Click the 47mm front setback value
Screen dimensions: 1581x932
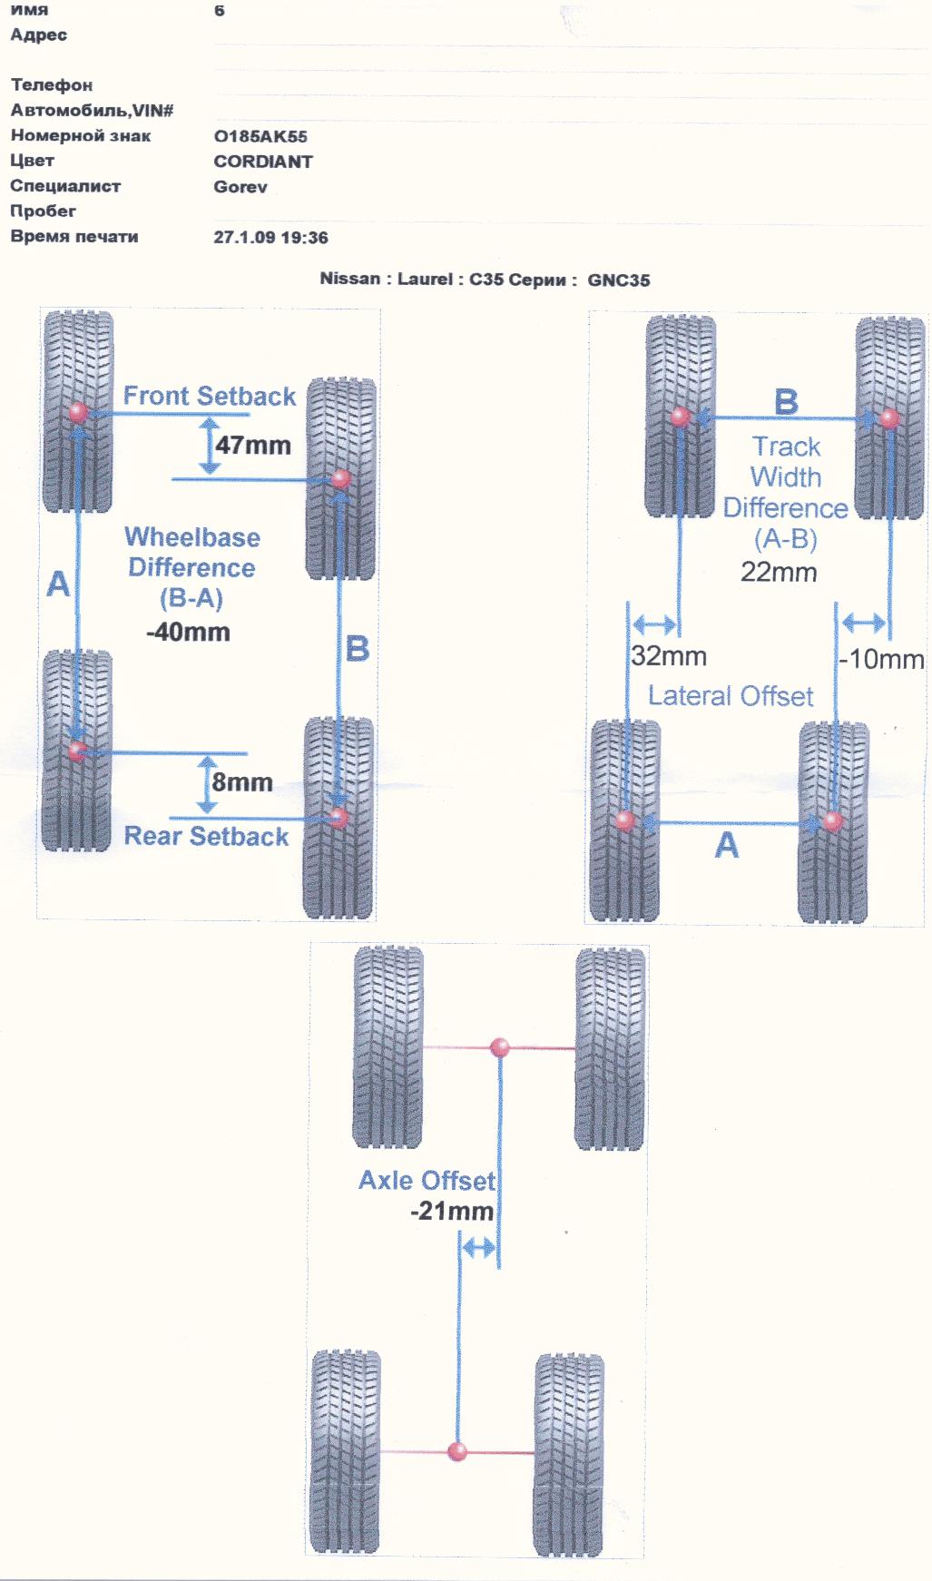coord(253,446)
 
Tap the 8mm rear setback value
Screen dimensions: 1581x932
coord(242,782)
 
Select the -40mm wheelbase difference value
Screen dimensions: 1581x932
coord(189,633)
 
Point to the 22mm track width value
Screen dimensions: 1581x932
coord(779,573)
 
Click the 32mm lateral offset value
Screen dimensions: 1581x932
coord(669,656)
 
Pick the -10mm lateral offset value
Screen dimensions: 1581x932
coord(881,659)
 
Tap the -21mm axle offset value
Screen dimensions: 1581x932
coord(452,1212)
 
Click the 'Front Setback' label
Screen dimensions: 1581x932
coord(210,397)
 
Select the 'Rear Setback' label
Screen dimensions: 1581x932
coord(206,837)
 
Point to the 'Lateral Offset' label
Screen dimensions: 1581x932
coord(731,697)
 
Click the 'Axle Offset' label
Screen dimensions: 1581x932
coord(427,1181)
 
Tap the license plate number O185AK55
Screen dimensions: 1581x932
coord(260,137)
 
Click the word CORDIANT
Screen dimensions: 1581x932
coord(263,162)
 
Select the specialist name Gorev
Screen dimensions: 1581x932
coord(240,188)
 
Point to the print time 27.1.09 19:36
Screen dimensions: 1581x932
coord(270,238)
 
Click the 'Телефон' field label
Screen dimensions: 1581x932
coord(52,85)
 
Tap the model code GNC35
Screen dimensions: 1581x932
coord(619,280)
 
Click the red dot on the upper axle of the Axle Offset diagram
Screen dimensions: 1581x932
coord(499,1048)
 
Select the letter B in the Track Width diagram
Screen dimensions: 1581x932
coord(786,401)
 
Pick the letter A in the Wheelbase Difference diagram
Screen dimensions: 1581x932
coord(58,584)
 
